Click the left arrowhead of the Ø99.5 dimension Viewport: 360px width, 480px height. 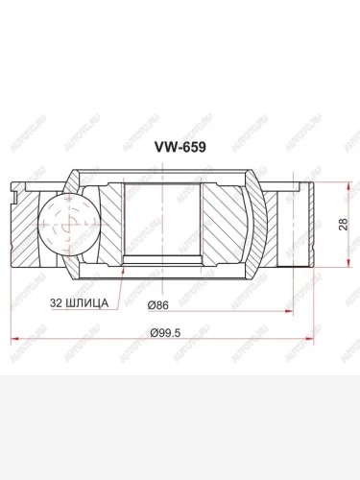click(12, 340)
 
